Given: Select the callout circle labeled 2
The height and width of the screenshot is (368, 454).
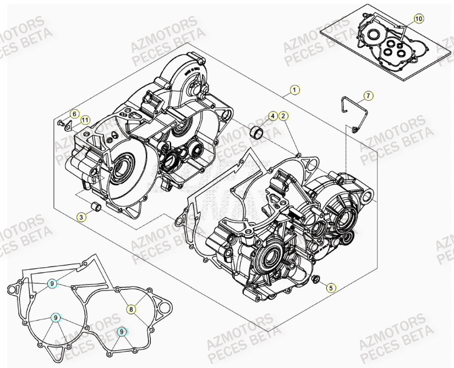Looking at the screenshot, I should coord(283,116).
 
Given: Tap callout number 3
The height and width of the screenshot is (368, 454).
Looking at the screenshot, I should coord(81,218).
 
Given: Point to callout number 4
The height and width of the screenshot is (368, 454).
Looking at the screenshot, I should coord(272,116).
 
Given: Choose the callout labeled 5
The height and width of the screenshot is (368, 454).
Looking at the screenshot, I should coord(330,287).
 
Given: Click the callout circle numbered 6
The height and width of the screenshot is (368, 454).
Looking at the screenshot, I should coord(74,114).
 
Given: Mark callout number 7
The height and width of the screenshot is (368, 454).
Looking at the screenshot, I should coord(368,96).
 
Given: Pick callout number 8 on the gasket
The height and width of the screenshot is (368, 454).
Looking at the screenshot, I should coord(131,309).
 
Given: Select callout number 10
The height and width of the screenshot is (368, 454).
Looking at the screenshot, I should coord(418,19).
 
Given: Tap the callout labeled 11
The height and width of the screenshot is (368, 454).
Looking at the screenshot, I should coord(84,120).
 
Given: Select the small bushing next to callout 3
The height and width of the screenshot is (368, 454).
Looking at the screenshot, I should coord(95,208).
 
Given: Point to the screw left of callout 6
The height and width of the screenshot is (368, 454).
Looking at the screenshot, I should coord(60,123).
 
